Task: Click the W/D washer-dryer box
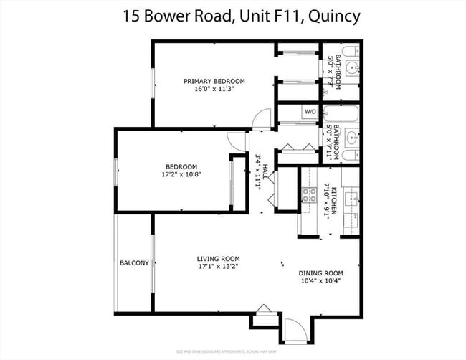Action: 310,112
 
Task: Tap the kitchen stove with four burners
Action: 310,194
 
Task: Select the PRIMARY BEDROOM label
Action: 214,81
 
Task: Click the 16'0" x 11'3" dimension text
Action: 214,90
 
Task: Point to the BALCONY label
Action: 134,263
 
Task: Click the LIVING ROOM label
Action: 219,259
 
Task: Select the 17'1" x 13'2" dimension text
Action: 219,267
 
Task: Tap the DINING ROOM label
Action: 321,273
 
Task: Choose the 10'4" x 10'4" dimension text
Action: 321,281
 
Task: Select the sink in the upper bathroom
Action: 351,69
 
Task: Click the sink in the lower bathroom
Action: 351,137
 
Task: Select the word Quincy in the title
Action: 330,16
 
